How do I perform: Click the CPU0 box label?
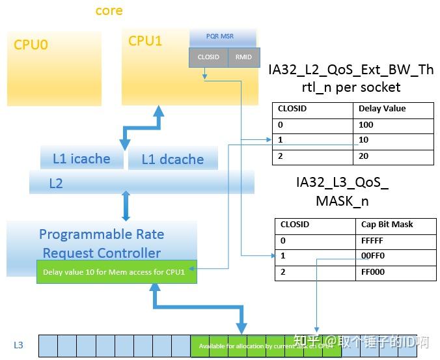coord(31,46)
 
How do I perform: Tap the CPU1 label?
coord(145,41)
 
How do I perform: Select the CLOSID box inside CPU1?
coord(208,57)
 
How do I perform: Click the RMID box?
coord(244,57)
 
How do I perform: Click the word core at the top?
coord(109,10)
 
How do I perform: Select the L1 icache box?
coord(81,159)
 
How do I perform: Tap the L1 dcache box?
coord(172,159)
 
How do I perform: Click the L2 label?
coord(56,184)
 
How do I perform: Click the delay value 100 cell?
coord(366,125)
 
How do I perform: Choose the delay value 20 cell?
coord(364,156)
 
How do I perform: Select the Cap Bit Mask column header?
coord(387,225)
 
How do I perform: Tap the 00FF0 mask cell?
coord(372,256)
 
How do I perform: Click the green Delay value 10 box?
coord(117,272)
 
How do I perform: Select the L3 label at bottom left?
coord(19,345)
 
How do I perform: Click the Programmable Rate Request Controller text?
coord(102,243)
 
